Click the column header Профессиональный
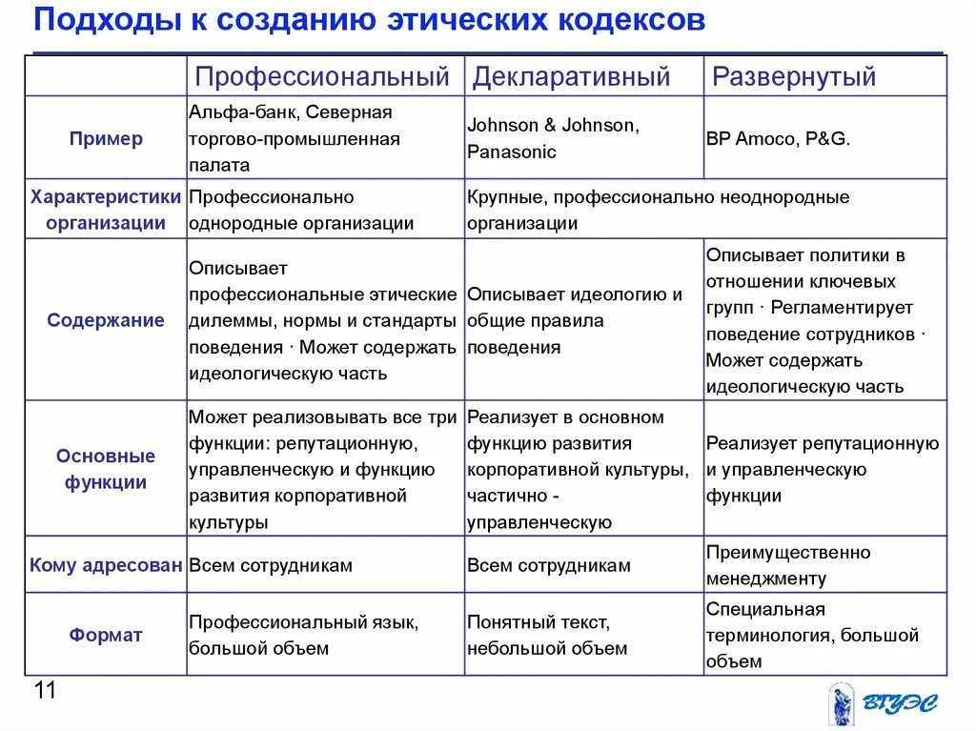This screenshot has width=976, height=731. pos(322,76)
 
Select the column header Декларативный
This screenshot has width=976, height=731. pos(572,76)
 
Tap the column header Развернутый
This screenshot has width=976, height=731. pos(794,76)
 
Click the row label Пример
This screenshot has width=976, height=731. pos(106,138)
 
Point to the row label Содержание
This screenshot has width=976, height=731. pos(106,320)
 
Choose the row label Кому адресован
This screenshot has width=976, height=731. pos(106,565)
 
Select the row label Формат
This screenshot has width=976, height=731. pos(106,635)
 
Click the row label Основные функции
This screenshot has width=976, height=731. pos(106,469)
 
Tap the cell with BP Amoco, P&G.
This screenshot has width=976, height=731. pos(778,138)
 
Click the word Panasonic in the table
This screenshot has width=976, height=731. pos(512,152)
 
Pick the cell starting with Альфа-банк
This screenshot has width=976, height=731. pos(295,138)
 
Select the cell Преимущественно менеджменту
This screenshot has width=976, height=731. pos(788,565)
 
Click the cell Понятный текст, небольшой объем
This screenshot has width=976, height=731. pos(547,635)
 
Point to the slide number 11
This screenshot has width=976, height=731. pos(45,691)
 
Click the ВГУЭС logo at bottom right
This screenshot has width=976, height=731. pos(881,703)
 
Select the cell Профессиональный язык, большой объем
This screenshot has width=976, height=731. pos(303,635)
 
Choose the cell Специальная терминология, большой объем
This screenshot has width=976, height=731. pos(812,635)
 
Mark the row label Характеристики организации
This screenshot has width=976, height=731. pos(106,210)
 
